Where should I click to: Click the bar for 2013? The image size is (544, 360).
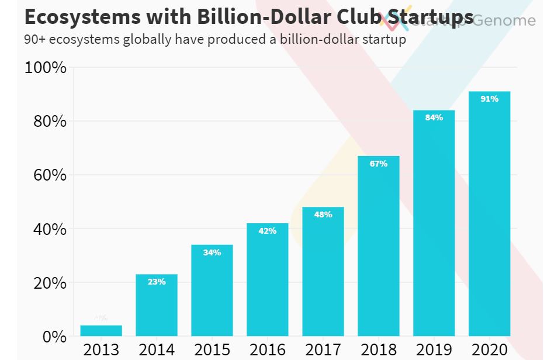[101, 331]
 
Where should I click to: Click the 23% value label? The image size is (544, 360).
[157, 282]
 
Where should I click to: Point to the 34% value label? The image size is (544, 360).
[212, 252]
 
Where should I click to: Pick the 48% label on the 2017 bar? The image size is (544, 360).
[323, 214]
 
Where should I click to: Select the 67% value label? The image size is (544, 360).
[379, 164]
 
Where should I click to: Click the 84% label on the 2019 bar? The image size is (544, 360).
[434, 117]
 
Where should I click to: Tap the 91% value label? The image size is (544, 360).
[489, 99]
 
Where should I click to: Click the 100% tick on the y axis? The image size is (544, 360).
[46, 68]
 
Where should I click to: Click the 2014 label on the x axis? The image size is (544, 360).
[157, 350]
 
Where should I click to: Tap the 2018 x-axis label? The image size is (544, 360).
[379, 350]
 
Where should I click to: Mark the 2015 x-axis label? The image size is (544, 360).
[212, 350]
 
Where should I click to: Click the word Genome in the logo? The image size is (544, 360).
[503, 20]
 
